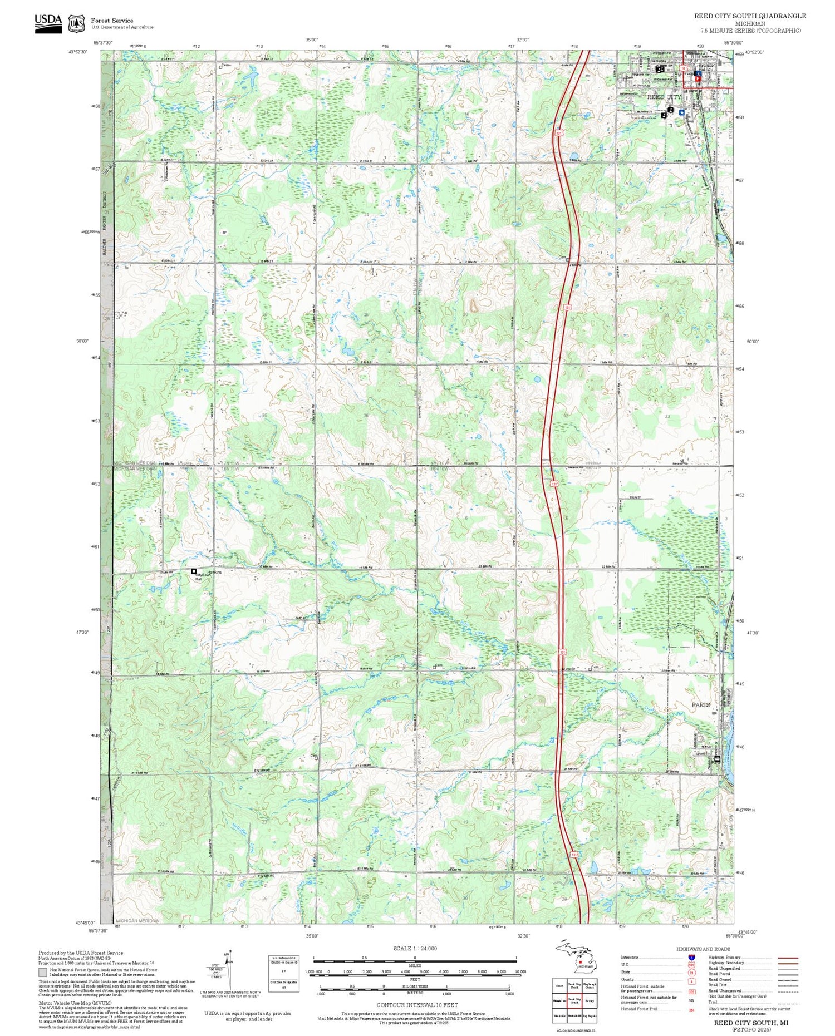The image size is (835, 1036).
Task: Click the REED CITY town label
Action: click(664, 97)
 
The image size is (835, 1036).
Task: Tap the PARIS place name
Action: click(700, 704)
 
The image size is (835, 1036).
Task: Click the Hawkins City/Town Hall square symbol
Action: click(194, 571)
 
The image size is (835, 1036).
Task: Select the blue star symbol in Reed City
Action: click(681, 112)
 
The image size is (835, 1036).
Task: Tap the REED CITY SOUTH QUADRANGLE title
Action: click(749, 16)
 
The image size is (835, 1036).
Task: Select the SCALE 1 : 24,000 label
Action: click(415, 948)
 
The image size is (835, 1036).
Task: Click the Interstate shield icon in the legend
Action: click(691, 956)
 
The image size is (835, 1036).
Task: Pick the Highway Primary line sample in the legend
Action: click(785, 958)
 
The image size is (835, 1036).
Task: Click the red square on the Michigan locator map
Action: click(580, 961)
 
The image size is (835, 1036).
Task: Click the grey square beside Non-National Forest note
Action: click(43, 973)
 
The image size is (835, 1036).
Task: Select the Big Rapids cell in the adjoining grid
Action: click(590, 1016)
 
